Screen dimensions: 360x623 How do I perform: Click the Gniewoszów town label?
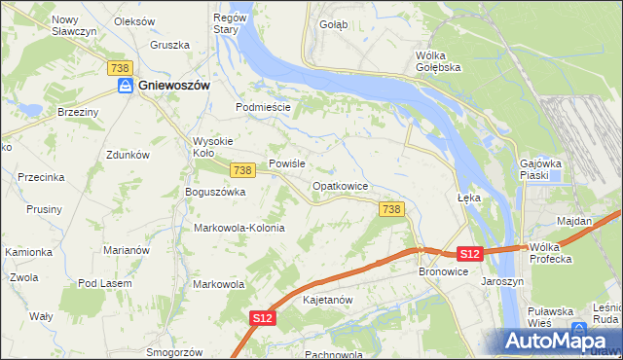(x=175, y=86)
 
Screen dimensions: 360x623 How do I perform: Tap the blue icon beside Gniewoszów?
(x=126, y=87)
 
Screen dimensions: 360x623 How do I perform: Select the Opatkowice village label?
(x=339, y=185)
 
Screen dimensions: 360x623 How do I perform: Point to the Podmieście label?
(x=264, y=107)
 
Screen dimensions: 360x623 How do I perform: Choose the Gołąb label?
(x=333, y=25)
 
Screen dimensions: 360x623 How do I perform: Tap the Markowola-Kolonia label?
(x=239, y=228)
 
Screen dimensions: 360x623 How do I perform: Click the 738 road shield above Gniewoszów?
(x=120, y=66)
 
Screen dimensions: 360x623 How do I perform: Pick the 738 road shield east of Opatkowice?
(x=391, y=209)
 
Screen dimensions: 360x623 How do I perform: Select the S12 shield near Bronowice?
(x=469, y=254)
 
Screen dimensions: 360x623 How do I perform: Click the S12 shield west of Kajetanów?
(x=261, y=317)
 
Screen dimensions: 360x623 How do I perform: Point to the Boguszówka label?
(x=215, y=192)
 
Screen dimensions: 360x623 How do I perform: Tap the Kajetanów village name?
(x=327, y=300)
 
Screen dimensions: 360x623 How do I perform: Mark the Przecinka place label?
(x=41, y=177)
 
